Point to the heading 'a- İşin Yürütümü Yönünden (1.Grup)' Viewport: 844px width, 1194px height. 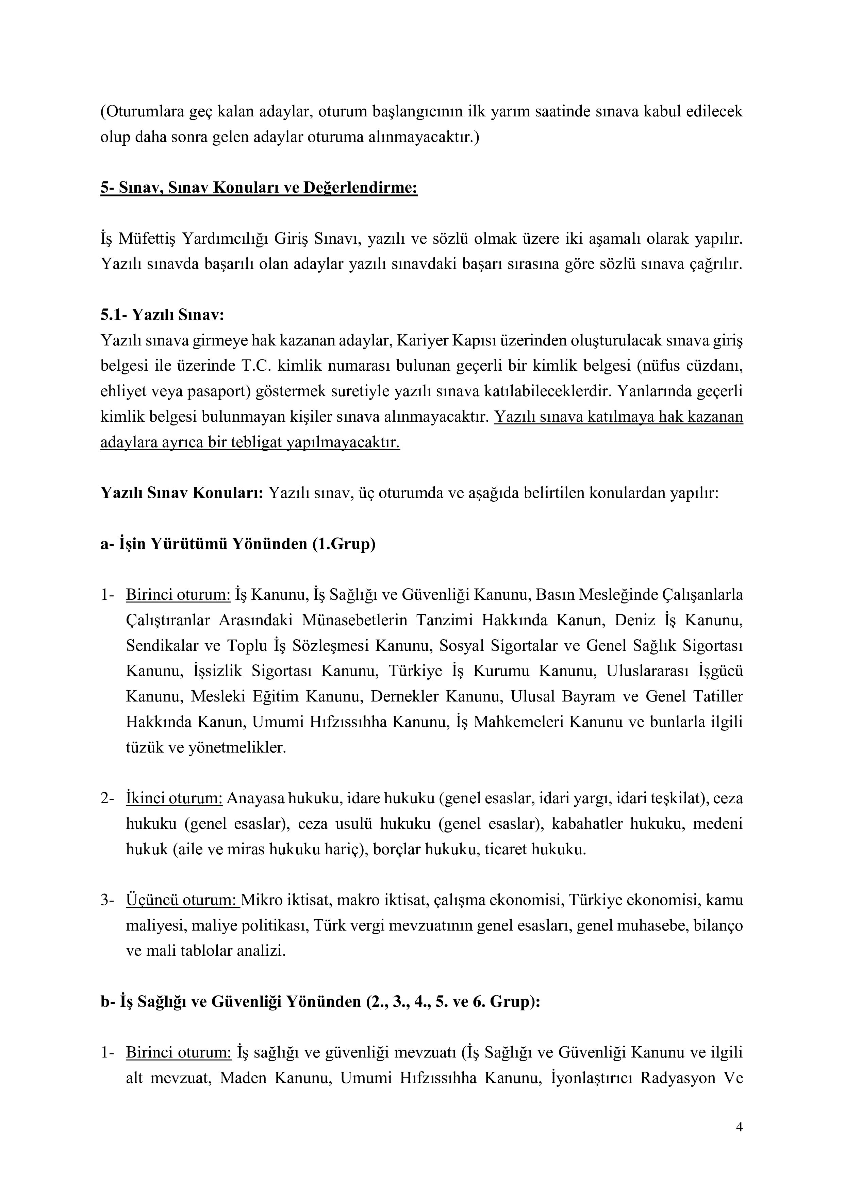237,544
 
